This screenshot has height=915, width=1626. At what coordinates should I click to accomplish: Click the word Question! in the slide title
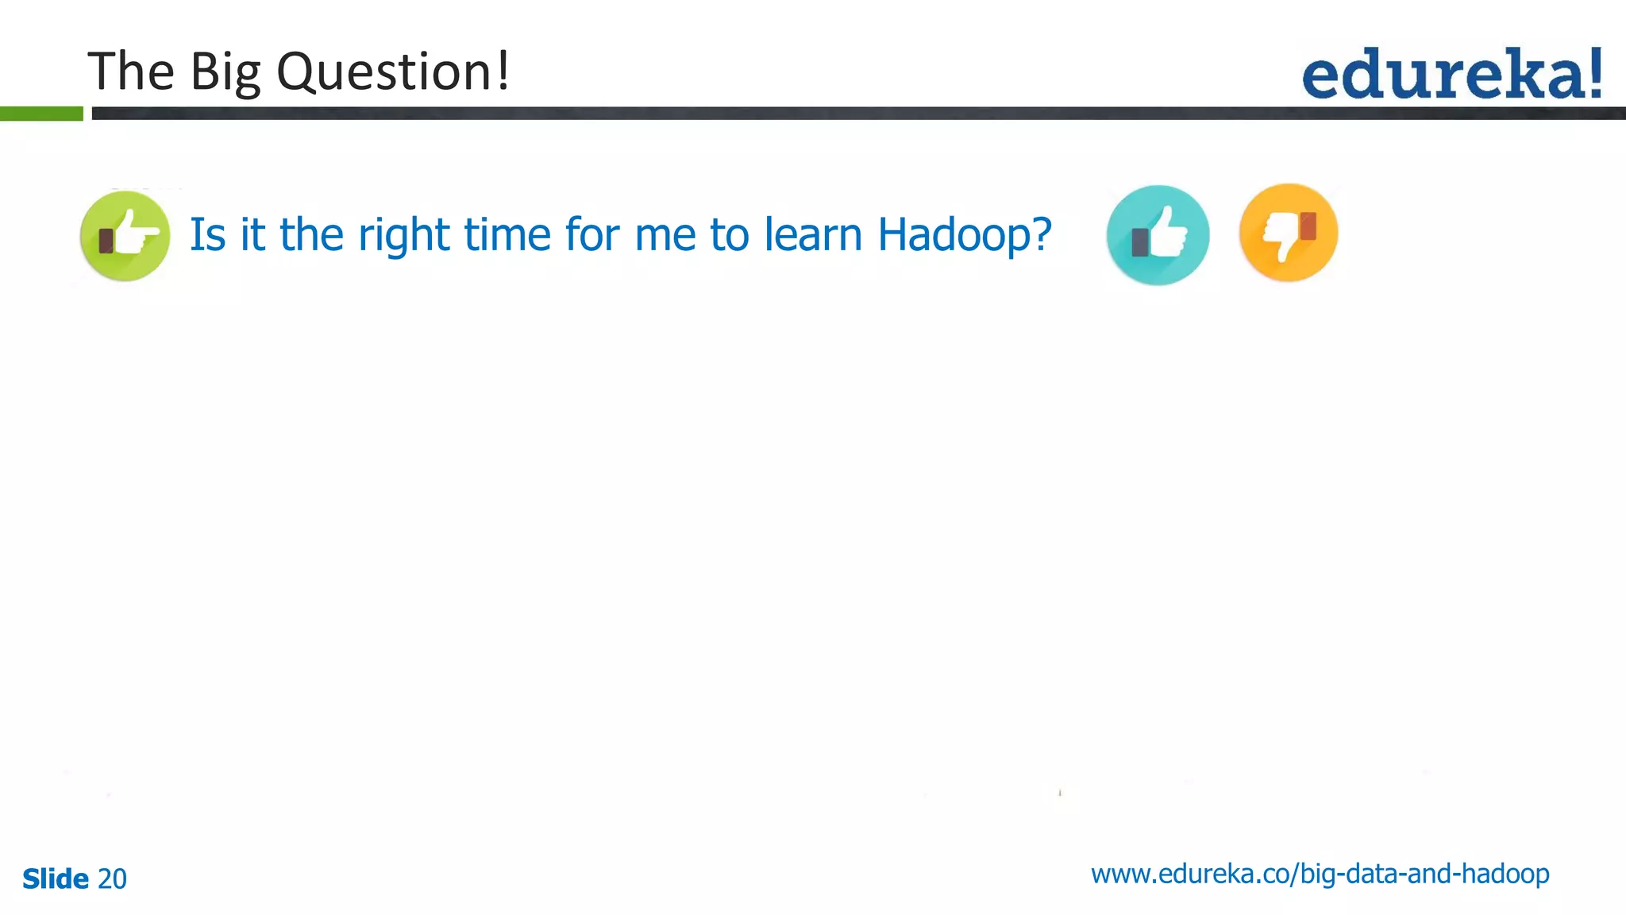(393, 72)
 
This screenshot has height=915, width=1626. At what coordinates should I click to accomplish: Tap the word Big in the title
(225, 72)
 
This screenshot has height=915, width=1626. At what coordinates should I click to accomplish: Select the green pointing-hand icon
(125, 236)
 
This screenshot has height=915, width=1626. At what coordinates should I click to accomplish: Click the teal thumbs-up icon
(1158, 235)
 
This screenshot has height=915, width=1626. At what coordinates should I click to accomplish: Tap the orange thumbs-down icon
(1288, 233)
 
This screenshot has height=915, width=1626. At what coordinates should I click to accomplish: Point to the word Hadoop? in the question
(964, 236)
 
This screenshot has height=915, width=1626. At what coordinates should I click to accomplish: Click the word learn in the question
(813, 235)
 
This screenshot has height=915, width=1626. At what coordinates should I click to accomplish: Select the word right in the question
(404, 236)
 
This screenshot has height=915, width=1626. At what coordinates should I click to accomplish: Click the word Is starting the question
(207, 235)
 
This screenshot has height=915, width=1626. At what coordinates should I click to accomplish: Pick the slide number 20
(112, 879)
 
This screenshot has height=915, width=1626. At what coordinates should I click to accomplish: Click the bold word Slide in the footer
(56, 879)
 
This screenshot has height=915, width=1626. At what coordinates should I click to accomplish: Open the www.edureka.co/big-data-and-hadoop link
(1320, 874)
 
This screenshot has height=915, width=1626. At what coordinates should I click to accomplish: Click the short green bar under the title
(41, 114)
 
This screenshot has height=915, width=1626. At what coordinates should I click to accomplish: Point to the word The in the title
(130, 71)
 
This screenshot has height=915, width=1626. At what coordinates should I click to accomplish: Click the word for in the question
(593, 235)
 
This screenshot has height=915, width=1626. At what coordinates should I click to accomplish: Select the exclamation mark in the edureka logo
(1594, 73)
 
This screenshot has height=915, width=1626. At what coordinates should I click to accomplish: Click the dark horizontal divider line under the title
(857, 114)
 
